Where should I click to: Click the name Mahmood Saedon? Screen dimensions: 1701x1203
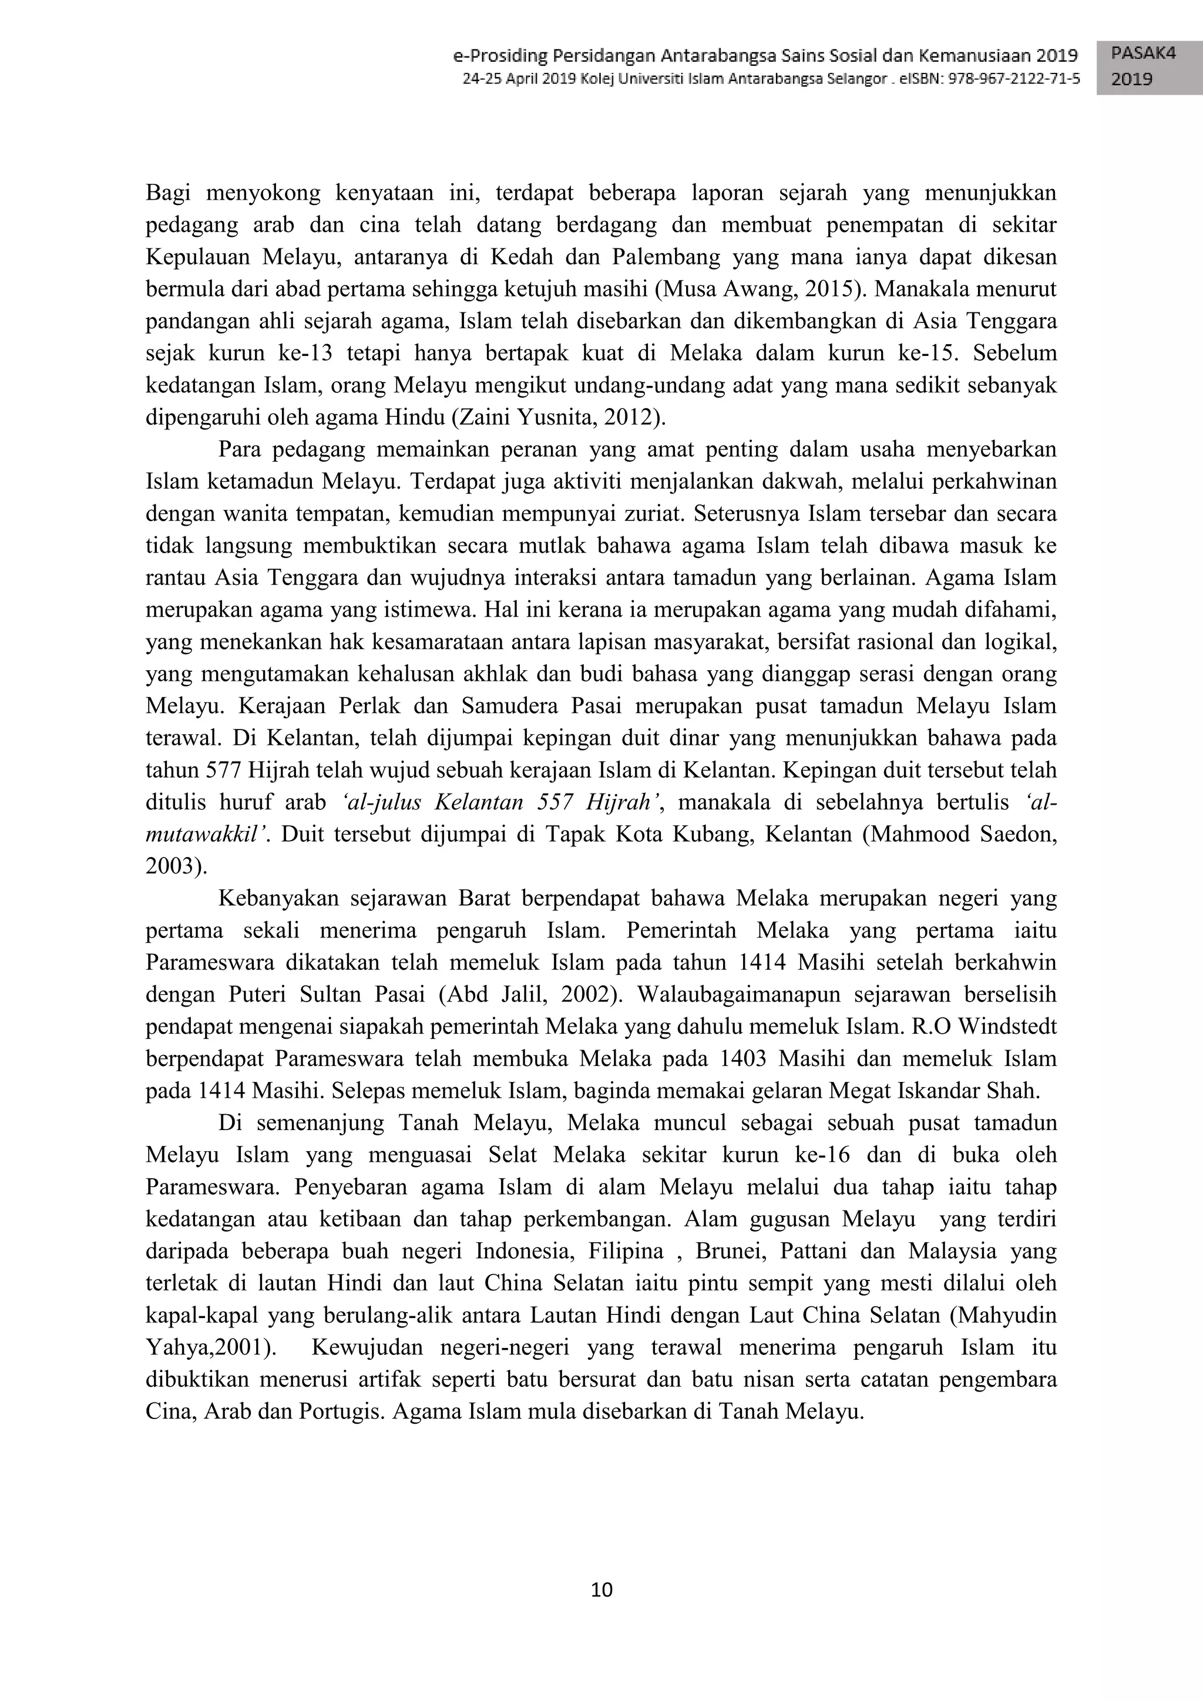click(965, 834)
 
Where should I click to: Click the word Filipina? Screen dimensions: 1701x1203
click(625, 1251)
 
